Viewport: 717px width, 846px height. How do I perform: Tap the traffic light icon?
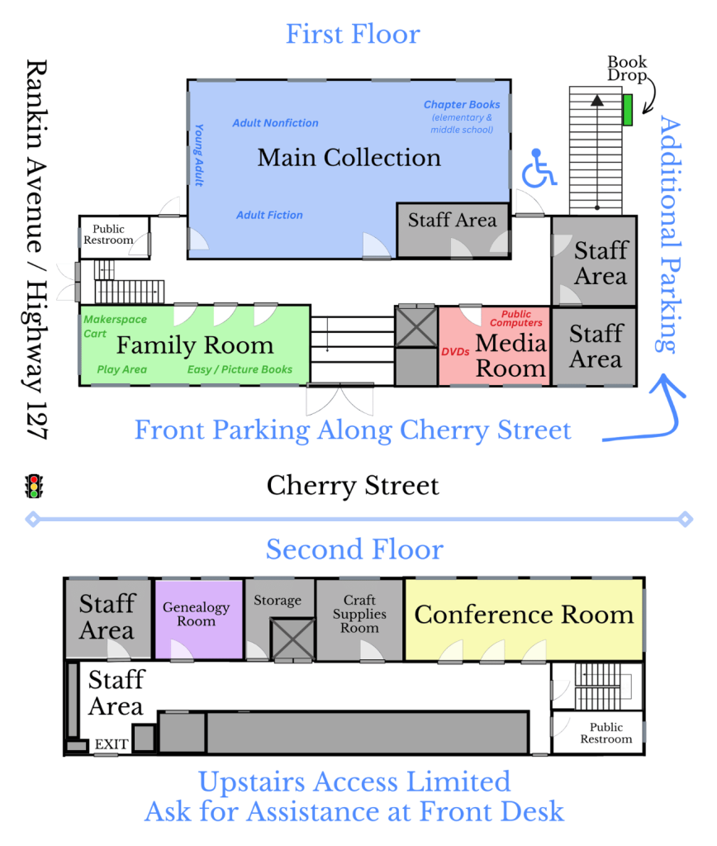pos(34,486)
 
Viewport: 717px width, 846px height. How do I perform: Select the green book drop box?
pos(627,110)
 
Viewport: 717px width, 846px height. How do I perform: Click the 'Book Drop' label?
pos(628,69)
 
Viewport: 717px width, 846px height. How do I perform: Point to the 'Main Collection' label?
pos(349,157)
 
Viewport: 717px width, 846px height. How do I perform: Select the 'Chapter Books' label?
pos(462,105)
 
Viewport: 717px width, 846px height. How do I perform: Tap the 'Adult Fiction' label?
pos(269,215)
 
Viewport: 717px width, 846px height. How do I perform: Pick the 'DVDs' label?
pos(455,352)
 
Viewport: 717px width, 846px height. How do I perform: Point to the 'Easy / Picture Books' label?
pos(240,369)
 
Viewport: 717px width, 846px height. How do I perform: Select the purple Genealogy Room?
pos(197,615)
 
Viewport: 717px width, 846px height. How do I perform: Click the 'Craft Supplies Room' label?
pos(359,614)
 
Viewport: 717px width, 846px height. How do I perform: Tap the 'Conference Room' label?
pos(524,615)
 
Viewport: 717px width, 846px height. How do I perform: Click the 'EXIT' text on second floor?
pos(112,744)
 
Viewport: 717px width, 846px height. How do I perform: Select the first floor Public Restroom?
pos(113,235)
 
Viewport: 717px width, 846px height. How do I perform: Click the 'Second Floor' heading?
pos(354,549)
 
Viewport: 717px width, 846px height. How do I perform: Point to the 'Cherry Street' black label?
pos(353,486)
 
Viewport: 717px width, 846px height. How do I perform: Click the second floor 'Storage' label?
pos(278,601)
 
